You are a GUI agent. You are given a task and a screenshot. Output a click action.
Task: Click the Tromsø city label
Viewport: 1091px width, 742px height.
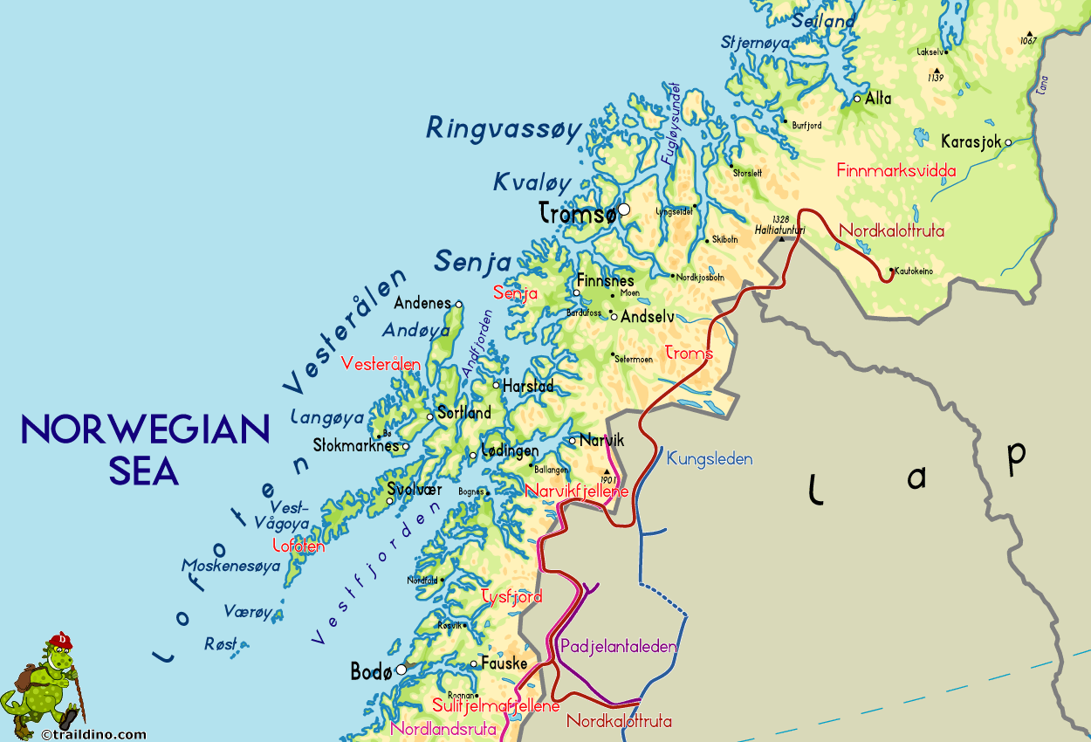pyautogui.click(x=577, y=212)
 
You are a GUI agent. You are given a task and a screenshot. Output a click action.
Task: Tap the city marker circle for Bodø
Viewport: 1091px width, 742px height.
pyautogui.click(x=401, y=670)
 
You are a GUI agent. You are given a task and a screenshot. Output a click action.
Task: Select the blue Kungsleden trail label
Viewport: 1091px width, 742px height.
pyautogui.click(x=709, y=458)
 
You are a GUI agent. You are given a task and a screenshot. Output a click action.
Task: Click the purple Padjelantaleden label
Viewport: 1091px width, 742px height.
pyautogui.click(x=618, y=647)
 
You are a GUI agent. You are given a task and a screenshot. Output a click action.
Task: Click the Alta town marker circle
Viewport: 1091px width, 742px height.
pyautogui.click(x=857, y=99)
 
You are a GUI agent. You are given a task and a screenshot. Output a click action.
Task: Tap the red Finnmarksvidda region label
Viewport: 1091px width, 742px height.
pyautogui.click(x=895, y=170)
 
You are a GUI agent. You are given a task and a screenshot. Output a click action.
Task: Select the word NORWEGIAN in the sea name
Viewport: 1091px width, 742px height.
pyautogui.click(x=145, y=429)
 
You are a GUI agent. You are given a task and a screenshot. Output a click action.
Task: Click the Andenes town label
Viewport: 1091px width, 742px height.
pyautogui.click(x=423, y=303)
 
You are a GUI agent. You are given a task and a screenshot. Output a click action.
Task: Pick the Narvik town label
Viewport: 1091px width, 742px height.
pyautogui.click(x=602, y=440)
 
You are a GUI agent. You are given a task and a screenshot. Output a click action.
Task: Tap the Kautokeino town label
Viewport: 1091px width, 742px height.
pyautogui.click(x=914, y=271)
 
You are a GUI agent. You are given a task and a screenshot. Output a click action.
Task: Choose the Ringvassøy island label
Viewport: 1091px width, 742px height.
pyautogui.click(x=504, y=129)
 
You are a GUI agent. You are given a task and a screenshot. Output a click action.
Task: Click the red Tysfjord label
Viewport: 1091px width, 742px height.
pyautogui.click(x=511, y=597)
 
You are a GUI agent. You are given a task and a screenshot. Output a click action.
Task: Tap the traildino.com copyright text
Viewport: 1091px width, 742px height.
pyautogui.click(x=93, y=735)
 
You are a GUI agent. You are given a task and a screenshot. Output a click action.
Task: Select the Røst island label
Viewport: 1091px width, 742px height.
pyautogui.click(x=220, y=644)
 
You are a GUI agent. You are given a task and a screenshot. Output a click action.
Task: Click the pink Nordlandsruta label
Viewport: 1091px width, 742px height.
pyautogui.click(x=444, y=728)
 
